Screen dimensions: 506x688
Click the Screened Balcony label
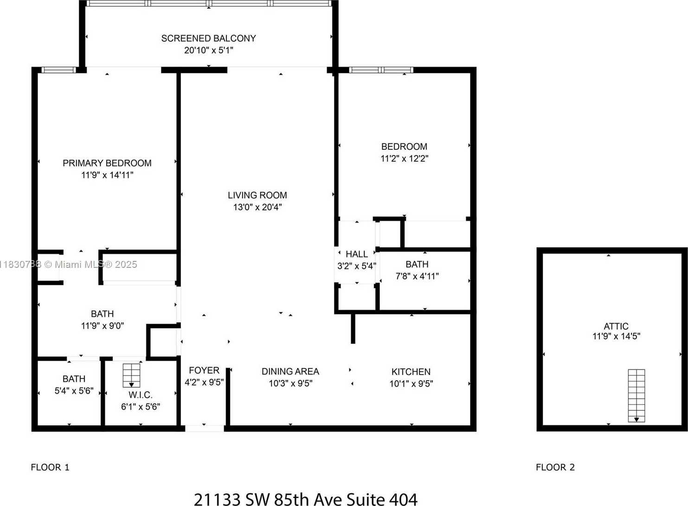pyautogui.click(x=208, y=39)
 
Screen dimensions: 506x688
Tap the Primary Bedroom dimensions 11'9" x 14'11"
pyautogui.click(x=107, y=175)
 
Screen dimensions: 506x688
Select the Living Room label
pyautogui.click(x=257, y=195)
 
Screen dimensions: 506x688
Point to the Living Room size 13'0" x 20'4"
pyautogui.click(x=257, y=207)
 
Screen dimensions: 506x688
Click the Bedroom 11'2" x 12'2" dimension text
pyautogui.click(x=404, y=158)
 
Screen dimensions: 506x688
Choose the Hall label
pyautogui.click(x=356, y=254)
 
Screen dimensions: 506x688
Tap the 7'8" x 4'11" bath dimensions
pyautogui.click(x=417, y=276)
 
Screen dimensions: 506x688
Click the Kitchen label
pyautogui.click(x=411, y=372)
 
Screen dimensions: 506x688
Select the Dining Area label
pyautogui.click(x=290, y=371)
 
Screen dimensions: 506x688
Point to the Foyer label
pyautogui.click(x=204, y=370)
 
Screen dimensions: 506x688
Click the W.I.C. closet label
pyautogui.click(x=140, y=395)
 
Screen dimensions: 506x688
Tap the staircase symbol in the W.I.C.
pyautogui.click(x=131, y=375)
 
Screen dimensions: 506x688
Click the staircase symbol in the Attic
pyautogui.click(x=636, y=396)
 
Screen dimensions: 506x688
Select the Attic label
pyautogui.click(x=616, y=326)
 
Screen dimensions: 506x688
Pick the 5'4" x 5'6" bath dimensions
pyautogui.click(x=74, y=391)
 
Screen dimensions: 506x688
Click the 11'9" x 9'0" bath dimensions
pyautogui.click(x=102, y=326)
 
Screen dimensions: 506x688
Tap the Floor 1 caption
pyautogui.click(x=50, y=467)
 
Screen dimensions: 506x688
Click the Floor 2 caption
pyautogui.click(x=555, y=467)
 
